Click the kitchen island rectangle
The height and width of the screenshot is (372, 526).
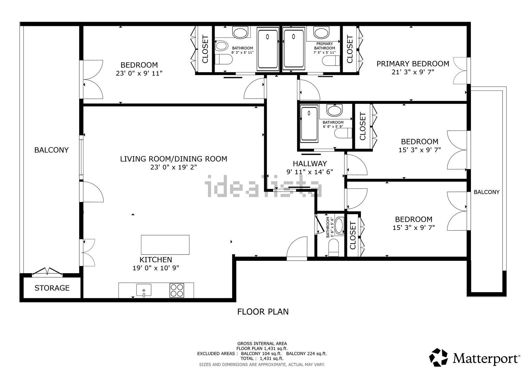click(x=165, y=245)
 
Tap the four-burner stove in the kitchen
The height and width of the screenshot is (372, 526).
click(x=177, y=291)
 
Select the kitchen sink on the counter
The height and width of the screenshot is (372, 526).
click(x=144, y=290)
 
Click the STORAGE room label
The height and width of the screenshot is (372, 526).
click(x=52, y=288)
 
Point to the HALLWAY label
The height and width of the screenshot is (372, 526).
click(x=310, y=163)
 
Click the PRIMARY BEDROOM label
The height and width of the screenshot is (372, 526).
click(x=413, y=64)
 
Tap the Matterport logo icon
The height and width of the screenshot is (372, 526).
click(x=438, y=357)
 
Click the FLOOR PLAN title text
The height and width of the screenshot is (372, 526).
click(x=263, y=312)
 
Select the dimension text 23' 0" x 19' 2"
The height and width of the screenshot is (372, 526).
click(x=174, y=167)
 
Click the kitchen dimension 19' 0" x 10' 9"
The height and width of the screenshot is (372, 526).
click(x=156, y=268)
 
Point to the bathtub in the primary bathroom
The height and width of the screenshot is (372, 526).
click(x=294, y=48)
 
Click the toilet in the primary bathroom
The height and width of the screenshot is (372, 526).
click(x=331, y=61)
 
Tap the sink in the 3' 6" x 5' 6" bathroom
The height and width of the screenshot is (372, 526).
click(x=339, y=226)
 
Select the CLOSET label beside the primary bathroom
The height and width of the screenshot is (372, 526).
click(x=350, y=49)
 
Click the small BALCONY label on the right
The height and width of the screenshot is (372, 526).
click(x=487, y=192)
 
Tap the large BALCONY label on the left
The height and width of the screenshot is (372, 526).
click(x=52, y=150)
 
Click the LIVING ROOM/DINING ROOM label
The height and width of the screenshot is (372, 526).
click(x=174, y=159)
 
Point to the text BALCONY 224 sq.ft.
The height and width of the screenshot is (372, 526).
click(x=306, y=353)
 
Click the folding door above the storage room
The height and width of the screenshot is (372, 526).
click(x=47, y=271)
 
